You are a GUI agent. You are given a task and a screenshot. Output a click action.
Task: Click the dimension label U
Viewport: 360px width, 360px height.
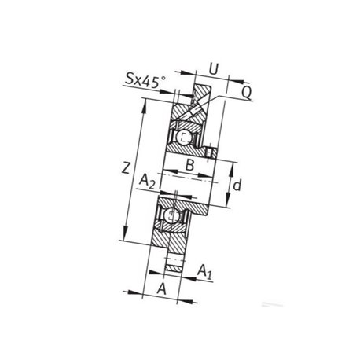click(214, 69)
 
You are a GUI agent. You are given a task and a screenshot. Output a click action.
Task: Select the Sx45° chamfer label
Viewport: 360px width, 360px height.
click(145, 80)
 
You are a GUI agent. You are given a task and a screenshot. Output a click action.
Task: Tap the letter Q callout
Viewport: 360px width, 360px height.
click(246, 92)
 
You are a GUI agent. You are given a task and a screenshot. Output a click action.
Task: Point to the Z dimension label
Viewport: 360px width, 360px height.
click(126, 167)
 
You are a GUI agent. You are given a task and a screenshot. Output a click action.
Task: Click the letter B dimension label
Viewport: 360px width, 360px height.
click(189, 165)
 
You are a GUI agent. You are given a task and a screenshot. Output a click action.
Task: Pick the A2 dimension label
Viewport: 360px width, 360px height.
click(147, 182)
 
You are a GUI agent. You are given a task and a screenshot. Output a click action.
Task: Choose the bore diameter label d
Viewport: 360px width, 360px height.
click(237, 186)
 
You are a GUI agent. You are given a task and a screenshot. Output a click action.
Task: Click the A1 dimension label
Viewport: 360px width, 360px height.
click(204, 271)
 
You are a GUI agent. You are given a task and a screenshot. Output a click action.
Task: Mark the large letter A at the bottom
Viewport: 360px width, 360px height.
click(162, 288)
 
